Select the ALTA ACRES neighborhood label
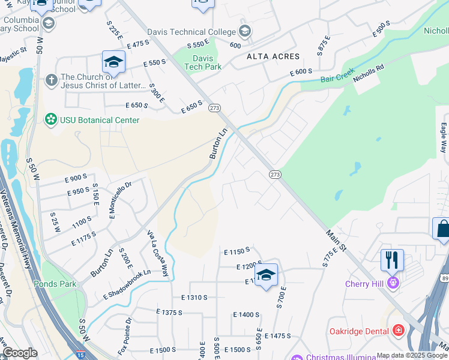[273, 56]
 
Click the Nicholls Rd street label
[369, 74]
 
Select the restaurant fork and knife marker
[392, 260]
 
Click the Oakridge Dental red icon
[397, 331]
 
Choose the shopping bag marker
[442, 229]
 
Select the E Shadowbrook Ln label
[127, 284]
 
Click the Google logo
[19, 353]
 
